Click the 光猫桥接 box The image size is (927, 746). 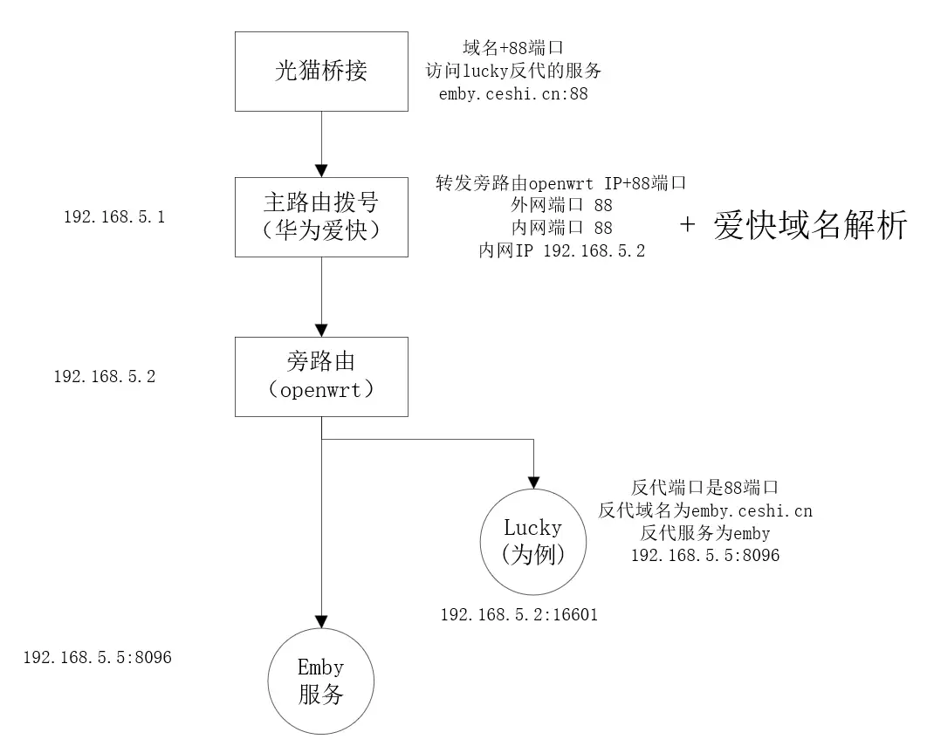click(321, 72)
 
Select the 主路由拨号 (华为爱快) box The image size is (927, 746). click(321, 216)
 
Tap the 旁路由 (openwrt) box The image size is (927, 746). click(321, 376)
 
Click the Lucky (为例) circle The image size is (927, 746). click(532, 540)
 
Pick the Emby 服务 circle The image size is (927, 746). click(321, 681)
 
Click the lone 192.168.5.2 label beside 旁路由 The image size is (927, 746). click(105, 377)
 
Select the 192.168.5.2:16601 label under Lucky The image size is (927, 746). click(518, 615)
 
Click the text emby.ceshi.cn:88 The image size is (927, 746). click(513, 93)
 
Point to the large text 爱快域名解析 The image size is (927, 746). click(810, 227)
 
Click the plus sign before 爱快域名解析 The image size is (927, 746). click(688, 225)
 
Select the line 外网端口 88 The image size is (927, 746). click(562, 206)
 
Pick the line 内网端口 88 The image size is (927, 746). click(562, 228)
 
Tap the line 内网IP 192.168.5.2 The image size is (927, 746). click(562, 250)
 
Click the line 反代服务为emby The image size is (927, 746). click(705, 532)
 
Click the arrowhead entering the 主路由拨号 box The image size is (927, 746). click(321, 169)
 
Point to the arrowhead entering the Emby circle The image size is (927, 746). click(321, 619)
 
